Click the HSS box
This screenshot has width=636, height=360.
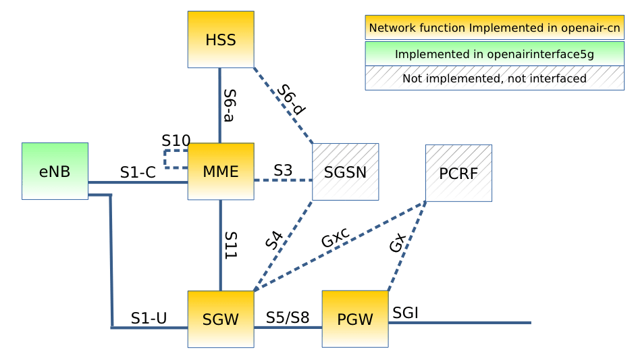point(221,39)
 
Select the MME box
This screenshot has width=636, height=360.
point(221,171)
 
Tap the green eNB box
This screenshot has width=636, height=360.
point(55,170)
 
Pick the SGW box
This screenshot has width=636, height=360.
point(221,319)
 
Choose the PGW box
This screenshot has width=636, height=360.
point(354,319)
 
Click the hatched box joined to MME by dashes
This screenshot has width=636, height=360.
point(345,172)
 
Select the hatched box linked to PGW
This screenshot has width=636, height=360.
point(458,173)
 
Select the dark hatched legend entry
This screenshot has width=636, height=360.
point(494,78)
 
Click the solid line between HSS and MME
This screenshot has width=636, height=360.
point(220,105)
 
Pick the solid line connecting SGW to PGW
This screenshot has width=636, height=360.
point(288,327)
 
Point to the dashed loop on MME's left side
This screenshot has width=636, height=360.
point(166,159)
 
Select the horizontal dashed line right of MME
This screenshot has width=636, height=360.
point(283,180)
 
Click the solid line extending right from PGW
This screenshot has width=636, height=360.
point(459,323)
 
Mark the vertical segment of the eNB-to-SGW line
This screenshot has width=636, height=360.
point(111,260)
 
